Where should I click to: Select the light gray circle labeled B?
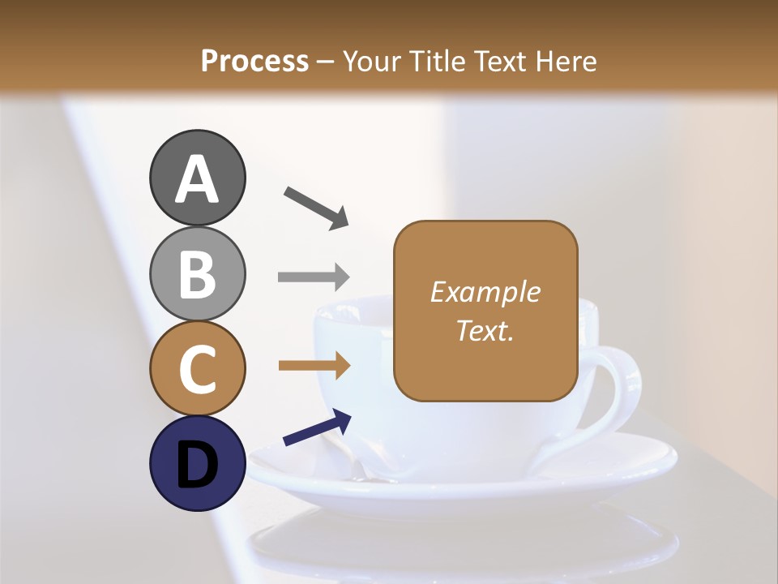tap(197, 274)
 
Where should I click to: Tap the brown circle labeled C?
tap(197, 369)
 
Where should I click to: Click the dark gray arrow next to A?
tap(316, 208)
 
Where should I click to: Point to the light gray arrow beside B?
tap(314, 277)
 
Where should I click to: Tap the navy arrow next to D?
tap(317, 428)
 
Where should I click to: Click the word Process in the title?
tap(254, 61)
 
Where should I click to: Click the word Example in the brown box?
tap(485, 292)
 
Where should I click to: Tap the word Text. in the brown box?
tap(485, 330)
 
